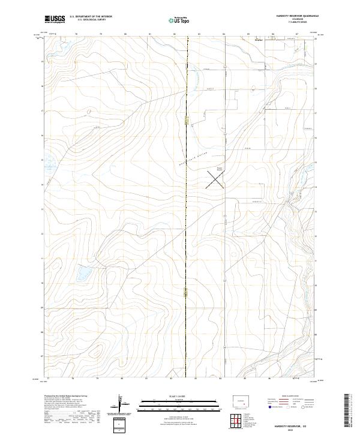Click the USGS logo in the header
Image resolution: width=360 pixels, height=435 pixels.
(x=55, y=19)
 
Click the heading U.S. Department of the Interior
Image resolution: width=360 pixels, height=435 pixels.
(x=91, y=17)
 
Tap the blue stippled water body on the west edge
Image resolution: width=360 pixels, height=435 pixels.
(x=48, y=160)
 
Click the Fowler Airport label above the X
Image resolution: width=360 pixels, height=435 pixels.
(x=219, y=169)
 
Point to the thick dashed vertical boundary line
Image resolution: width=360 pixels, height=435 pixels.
(x=187, y=240)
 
